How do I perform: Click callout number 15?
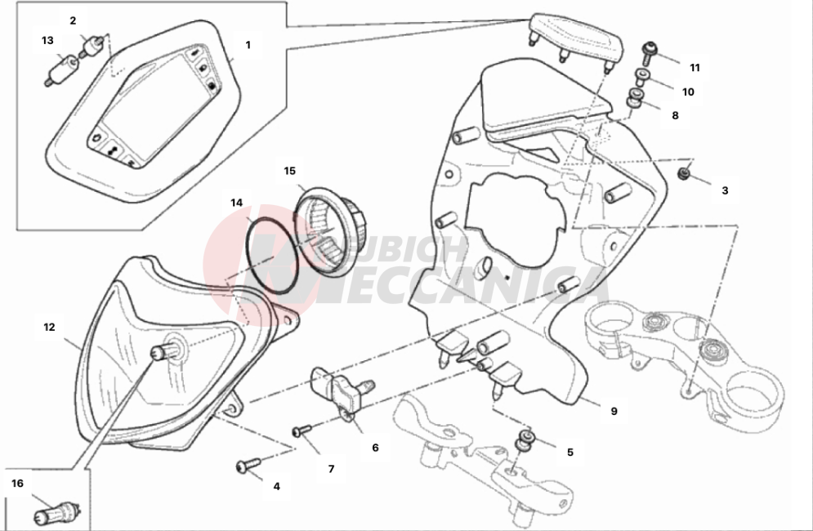289,171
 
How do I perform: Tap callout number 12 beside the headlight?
49,328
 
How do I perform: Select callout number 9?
614,411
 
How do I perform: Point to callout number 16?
17,484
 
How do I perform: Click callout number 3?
725,190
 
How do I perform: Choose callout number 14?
236,203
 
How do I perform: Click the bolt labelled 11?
650,51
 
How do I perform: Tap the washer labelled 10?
642,78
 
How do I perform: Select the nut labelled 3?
685,174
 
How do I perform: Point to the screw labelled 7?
302,430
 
